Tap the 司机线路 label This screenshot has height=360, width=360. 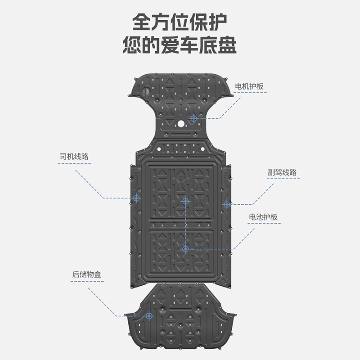(74, 157)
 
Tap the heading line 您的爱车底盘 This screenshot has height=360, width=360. (180, 46)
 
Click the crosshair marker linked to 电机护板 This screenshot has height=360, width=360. (193, 118)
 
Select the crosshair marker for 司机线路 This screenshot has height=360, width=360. (137, 198)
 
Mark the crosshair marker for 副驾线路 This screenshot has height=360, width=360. (227, 204)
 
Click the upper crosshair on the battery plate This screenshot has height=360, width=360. (185, 202)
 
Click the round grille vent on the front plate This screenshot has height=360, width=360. (146, 91)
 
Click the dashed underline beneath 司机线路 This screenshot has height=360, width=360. (74, 163)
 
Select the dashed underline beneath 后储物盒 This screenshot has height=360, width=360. (87, 281)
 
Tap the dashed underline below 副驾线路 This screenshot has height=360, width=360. (282, 179)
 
